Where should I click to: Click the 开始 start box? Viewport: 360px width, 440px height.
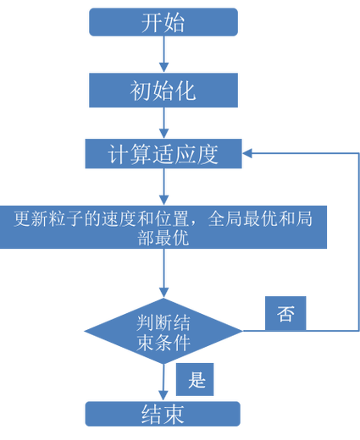click(x=163, y=23)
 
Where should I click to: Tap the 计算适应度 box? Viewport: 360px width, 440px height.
click(x=163, y=154)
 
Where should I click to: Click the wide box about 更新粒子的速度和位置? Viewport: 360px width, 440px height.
click(x=163, y=227)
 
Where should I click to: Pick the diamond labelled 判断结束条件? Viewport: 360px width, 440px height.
click(x=163, y=331)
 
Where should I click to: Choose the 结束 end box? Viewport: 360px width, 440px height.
click(x=163, y=414)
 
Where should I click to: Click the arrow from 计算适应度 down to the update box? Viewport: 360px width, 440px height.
click(x=163, y=186)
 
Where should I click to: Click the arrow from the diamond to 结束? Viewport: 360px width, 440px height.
click(x=163, y=381)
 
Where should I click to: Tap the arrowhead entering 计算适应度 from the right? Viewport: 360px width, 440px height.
click(x=250, y=153)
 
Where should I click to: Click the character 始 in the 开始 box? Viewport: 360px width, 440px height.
click(x=174, y=23)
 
